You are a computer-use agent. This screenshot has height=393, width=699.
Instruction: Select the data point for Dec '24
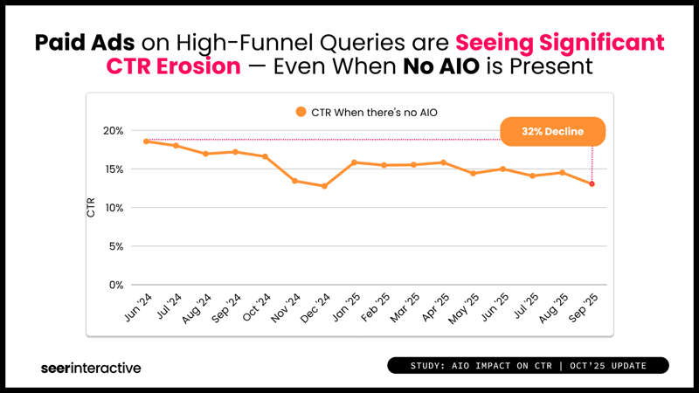[x=324, y=186]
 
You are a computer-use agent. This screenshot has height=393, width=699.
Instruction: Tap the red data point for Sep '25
[x=592, y=183]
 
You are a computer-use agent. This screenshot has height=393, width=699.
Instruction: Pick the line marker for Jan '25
[x=354, y=162]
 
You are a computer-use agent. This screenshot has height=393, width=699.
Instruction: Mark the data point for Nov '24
[x=294, y=181]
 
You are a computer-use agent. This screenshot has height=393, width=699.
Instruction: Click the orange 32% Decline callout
[x=553, y=131]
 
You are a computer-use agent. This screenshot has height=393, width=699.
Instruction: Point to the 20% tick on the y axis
[x=113, y=131]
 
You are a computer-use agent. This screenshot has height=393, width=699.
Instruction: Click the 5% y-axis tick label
[x=115, y=246]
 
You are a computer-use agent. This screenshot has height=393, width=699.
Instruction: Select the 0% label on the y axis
[x=115, y=285]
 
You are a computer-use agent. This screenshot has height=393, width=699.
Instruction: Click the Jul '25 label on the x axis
[x=521, y=308]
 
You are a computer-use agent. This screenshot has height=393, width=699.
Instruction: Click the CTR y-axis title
[x=92, y=208]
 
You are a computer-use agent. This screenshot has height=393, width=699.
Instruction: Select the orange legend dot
[x=301, y=112]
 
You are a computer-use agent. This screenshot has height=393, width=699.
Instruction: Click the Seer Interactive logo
[x=91, y=368]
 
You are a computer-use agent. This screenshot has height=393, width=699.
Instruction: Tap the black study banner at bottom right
[x=528, y=365]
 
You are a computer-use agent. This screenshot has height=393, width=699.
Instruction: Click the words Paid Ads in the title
[x=83, y=42]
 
